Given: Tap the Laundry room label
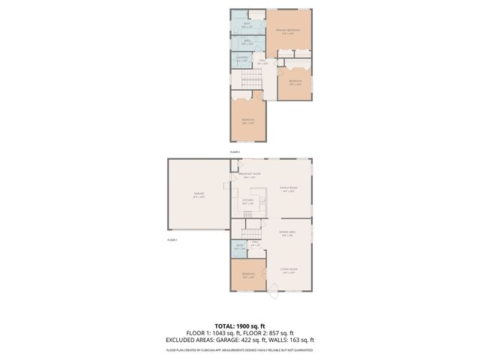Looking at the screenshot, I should pyautogui.click(x=241, y=60).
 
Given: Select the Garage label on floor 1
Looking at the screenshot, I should pyautogui.click(x=199, y=195).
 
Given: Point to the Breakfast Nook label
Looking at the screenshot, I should pyautogui.click(x=250, y=175).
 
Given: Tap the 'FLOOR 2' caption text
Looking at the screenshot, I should pyautogui.click(x=235, y=152).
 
